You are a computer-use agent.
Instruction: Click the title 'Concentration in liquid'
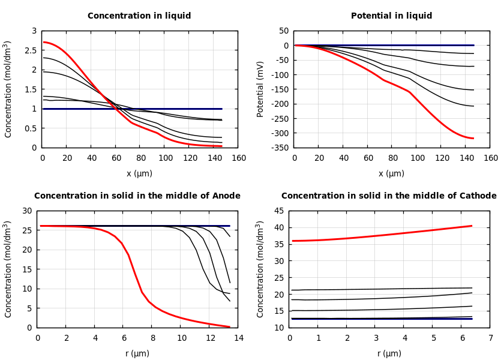tap(139, 16)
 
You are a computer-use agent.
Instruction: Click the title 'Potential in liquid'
tap(391, 16)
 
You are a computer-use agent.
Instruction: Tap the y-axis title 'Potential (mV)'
tap(260, 89)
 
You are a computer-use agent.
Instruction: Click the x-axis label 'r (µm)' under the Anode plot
tap(137, 353)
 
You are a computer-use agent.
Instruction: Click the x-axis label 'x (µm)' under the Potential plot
tap(391, 173)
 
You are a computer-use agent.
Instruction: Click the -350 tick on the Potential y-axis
tap(280, 148)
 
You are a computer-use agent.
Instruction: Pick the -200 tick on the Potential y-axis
tap(280, 104)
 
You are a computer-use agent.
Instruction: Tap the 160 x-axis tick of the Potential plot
tap(490, 158)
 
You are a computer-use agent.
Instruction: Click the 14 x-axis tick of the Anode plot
tap(238, 338)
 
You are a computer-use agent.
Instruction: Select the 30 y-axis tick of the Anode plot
tap(26, 211)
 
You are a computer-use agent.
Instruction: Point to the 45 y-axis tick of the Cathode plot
tap(278, 211)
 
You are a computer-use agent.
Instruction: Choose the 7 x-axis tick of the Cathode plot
tap(490, 338)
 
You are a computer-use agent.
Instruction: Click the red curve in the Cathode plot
tap(384, 233)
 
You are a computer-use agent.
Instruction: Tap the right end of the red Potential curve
tap(473, 138)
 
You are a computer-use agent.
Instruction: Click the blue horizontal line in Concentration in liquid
tap(180, 109)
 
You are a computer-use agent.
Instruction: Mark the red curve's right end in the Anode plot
tap(229, 326)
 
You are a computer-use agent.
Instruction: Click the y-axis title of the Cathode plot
tap(260, 269)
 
